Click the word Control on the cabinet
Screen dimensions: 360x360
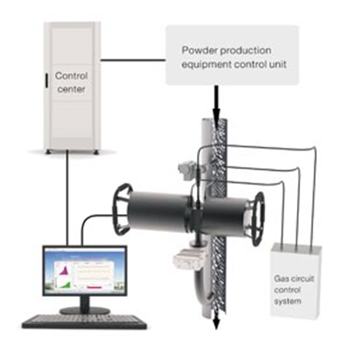click(71, 76)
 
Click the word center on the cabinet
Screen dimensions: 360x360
click(71, 89)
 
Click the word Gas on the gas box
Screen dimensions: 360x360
click(279, 279)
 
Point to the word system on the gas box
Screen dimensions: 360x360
click(287, 301)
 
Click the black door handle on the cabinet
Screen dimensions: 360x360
click(47, 81)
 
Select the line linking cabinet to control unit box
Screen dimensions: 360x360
click(133, 60)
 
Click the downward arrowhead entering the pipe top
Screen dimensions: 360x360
click(216, 114)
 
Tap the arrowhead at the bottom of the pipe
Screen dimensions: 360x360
click(216, 324)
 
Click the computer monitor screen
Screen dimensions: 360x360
click(85, 271)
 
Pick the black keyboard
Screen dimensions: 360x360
click(85, 321)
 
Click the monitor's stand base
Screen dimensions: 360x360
click(85, 310)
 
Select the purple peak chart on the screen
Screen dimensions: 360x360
click(64, 269)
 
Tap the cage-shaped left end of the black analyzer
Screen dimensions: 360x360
click(121, 209)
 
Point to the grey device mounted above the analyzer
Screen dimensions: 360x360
click(185, 169)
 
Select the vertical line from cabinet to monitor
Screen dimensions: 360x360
click(68, 198)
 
